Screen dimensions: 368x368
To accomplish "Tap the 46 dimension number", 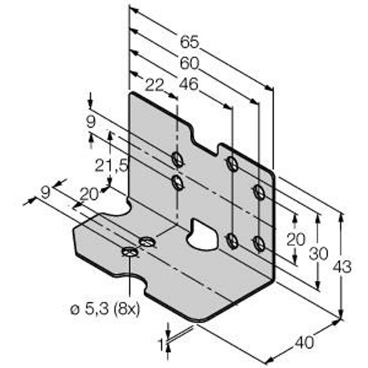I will (190, 84).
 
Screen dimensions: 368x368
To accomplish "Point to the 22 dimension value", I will (155, 85).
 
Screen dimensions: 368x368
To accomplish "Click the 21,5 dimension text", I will (112, 165).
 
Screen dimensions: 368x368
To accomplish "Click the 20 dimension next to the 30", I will (296, 240).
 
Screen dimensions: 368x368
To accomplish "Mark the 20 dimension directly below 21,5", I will (89, 194).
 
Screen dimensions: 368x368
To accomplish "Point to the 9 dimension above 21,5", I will (90, 121).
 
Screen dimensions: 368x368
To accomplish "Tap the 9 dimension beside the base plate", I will (44, 193).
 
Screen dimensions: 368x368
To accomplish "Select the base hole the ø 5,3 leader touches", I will (129, 251).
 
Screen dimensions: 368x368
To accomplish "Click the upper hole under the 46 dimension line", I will (232, 164).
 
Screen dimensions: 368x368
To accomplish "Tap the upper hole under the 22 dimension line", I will (177, 159).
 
